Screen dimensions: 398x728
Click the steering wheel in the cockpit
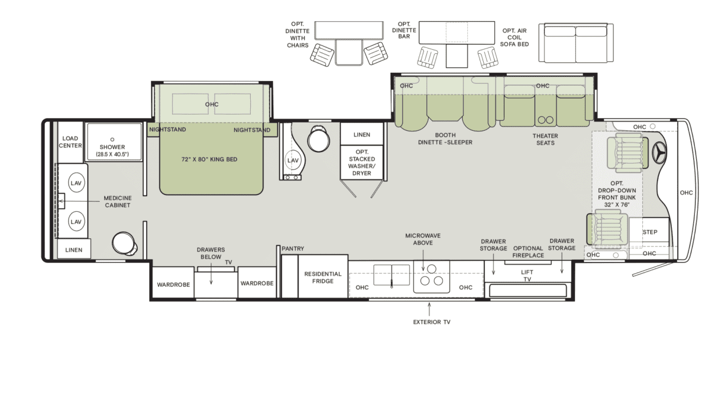tap(659, 153)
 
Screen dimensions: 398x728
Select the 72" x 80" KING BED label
tap(209, 159)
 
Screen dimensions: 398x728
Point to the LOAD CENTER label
tap(71, 142)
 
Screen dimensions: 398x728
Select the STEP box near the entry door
tap(650, 232)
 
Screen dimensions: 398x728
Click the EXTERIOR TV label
tap(431, 322)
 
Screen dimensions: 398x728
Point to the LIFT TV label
tap(527, 275)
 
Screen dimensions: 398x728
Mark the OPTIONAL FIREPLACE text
tap(528, 252)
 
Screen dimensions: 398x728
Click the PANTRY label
tap(293, 249)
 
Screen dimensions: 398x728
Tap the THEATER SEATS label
tap(545, 139)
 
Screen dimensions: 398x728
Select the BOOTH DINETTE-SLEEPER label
tap(445, 139)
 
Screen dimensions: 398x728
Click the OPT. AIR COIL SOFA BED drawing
tap(576, 43)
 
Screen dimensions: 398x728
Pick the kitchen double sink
tap(393, 274)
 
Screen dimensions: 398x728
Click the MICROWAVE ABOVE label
tap(423, 239)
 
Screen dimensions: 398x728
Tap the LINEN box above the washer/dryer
tap(361, 135)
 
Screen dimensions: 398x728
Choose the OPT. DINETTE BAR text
tap(404, 30)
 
